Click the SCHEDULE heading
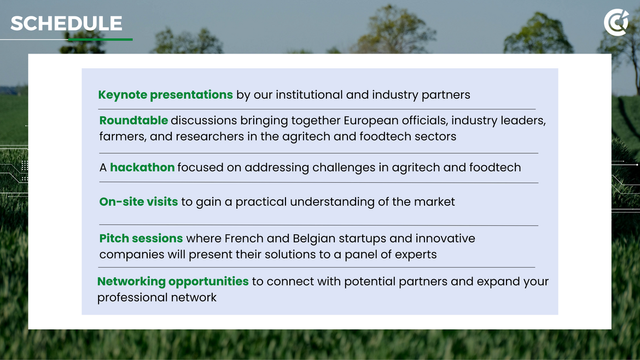tap(66, 24)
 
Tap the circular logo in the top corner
tap(616, 22)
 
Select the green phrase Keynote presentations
tap(165, 95)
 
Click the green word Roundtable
tap(133, 120)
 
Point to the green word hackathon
tap(142, 167)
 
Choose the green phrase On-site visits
tap(138, 202)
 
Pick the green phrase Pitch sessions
tap(141, 239)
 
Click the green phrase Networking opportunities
tap(173, 282)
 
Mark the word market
tap(434, 202)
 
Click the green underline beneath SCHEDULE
tap(100, 39)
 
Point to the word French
tap(243, 239)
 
